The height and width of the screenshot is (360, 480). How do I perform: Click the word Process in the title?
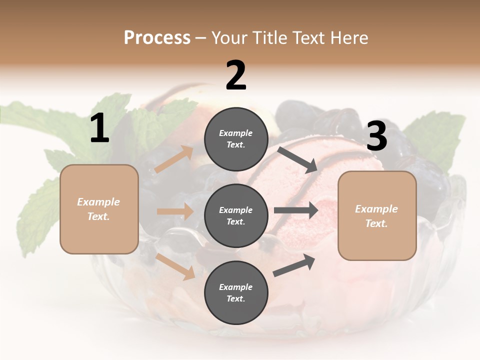pyautogui.click(x=157, y=37)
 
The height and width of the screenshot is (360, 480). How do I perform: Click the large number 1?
pyautogui.click(x=99, y=128)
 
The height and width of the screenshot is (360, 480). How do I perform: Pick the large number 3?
pyautogui.click(x=376, y=136)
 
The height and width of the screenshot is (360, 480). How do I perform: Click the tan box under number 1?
pyautogui.click(x=99, y=209)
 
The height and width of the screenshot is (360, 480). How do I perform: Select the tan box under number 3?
pyautogui.click(x=377, y=216)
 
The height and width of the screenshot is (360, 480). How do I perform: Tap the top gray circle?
pyautogui.click(x=236, y=139)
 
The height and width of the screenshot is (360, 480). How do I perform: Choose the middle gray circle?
pyautogui.click(x=236, y=216)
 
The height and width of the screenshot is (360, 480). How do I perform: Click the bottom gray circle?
pyautogui.click(x=236, y=293)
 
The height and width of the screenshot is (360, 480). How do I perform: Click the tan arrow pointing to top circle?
pyautogui.click(x=173, y=159)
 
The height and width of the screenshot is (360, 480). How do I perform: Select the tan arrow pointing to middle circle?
pyautogui.click(x=175, y=211)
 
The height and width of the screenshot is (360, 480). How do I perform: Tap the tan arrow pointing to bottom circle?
pyautogui.click(x=175, y=266)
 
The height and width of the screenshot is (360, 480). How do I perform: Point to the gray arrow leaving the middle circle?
pyautogui.click(x=295, y=210)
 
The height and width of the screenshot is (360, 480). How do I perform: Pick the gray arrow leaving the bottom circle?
pyautogui.click(x=294, y=265)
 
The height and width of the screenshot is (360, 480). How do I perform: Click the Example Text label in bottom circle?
pyautogui.click(x=236, y=293)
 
